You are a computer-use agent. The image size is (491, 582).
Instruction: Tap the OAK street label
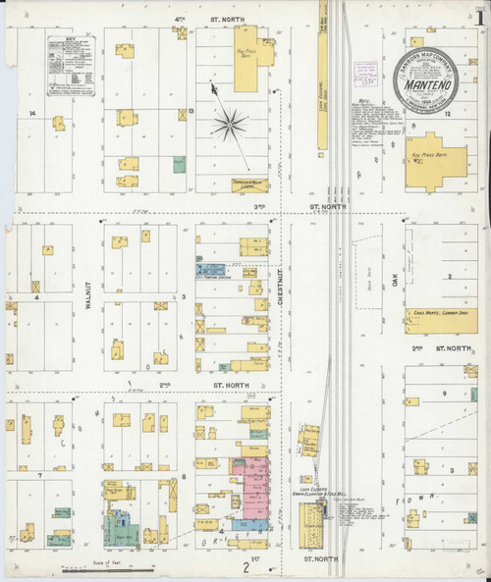[396, 282]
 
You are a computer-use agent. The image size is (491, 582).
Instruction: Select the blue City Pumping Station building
[210, 267]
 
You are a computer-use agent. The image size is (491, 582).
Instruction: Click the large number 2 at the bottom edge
[245, 566]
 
